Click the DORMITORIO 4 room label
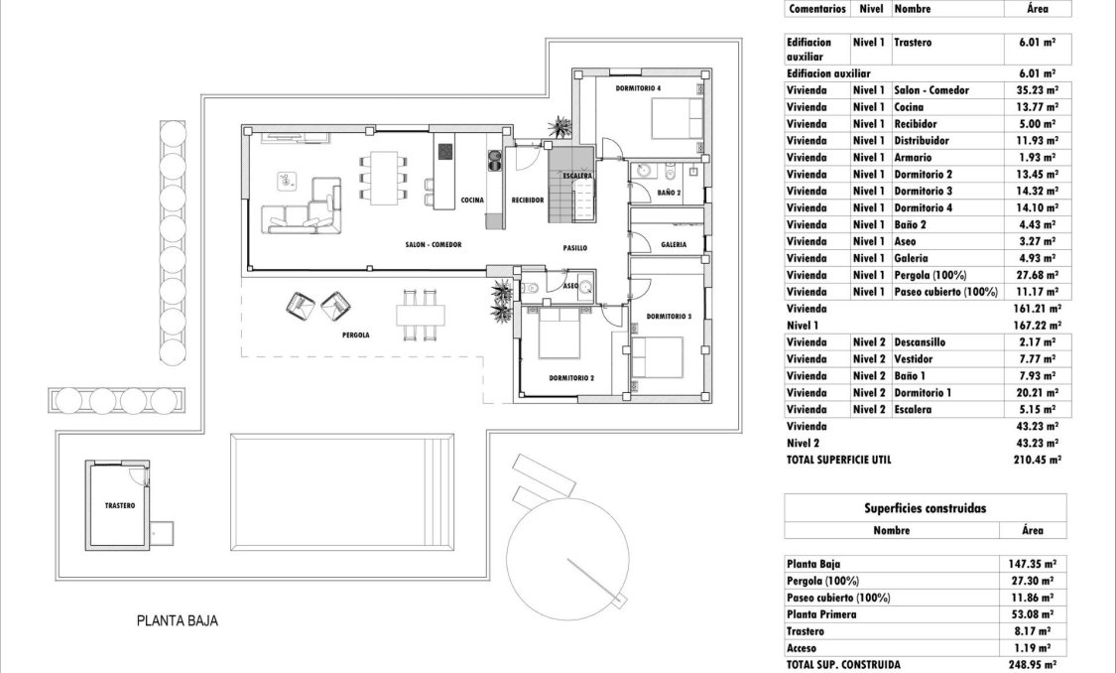tap(638, 88)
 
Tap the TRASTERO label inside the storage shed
tap(119, 505)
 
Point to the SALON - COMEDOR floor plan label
tap(434, 244)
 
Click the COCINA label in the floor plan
tap(472, 201)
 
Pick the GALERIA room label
tap(674, 244)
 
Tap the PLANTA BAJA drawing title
tap(177, 621)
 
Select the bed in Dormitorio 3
tap(657, 357)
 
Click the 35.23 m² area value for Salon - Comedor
tap(1036, 90)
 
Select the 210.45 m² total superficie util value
tap(1034, 460)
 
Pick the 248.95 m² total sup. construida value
tap(1031, 664)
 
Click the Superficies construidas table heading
tap(925, 508)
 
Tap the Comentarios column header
tap(816, 8)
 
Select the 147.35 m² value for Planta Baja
tap(1031, 562)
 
